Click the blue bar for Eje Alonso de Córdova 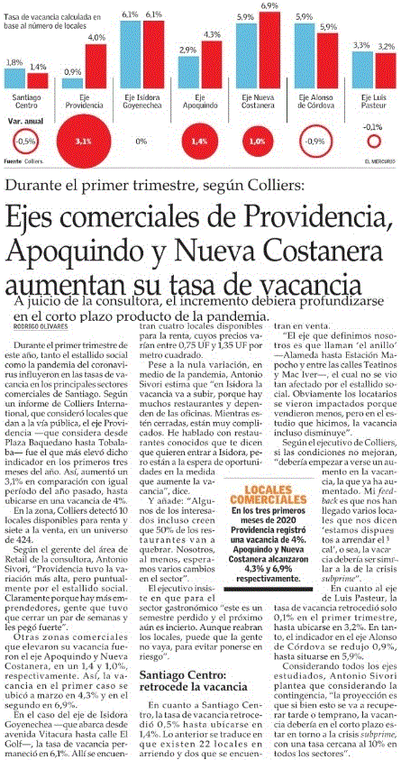(x=304, y=55)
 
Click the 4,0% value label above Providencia (x=96, y=37)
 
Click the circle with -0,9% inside (x=315, y=142)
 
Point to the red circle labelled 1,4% (x=199, y=142)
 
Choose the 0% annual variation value (x=141, y=142)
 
